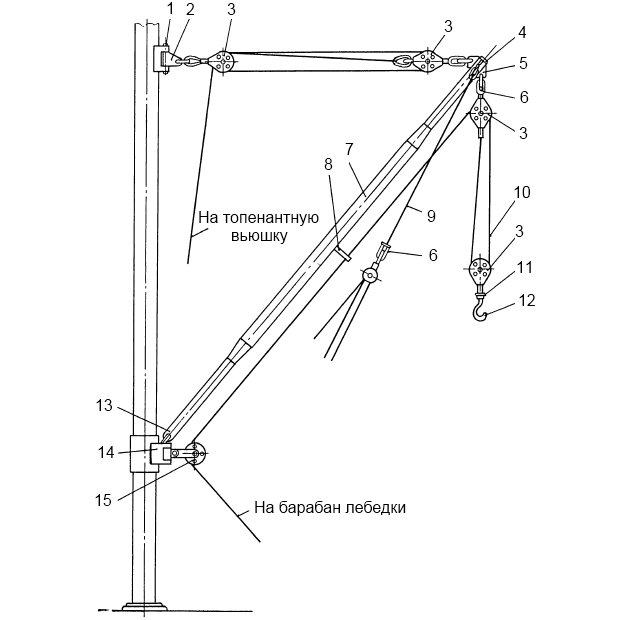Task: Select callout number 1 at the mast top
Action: (x=171, y=10)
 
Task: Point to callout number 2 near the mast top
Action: (x=190, y=10)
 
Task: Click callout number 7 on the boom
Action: (x=348, y=148)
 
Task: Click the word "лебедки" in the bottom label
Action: (x=374, y=508)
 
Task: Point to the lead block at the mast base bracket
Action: (x=195, y=454)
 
